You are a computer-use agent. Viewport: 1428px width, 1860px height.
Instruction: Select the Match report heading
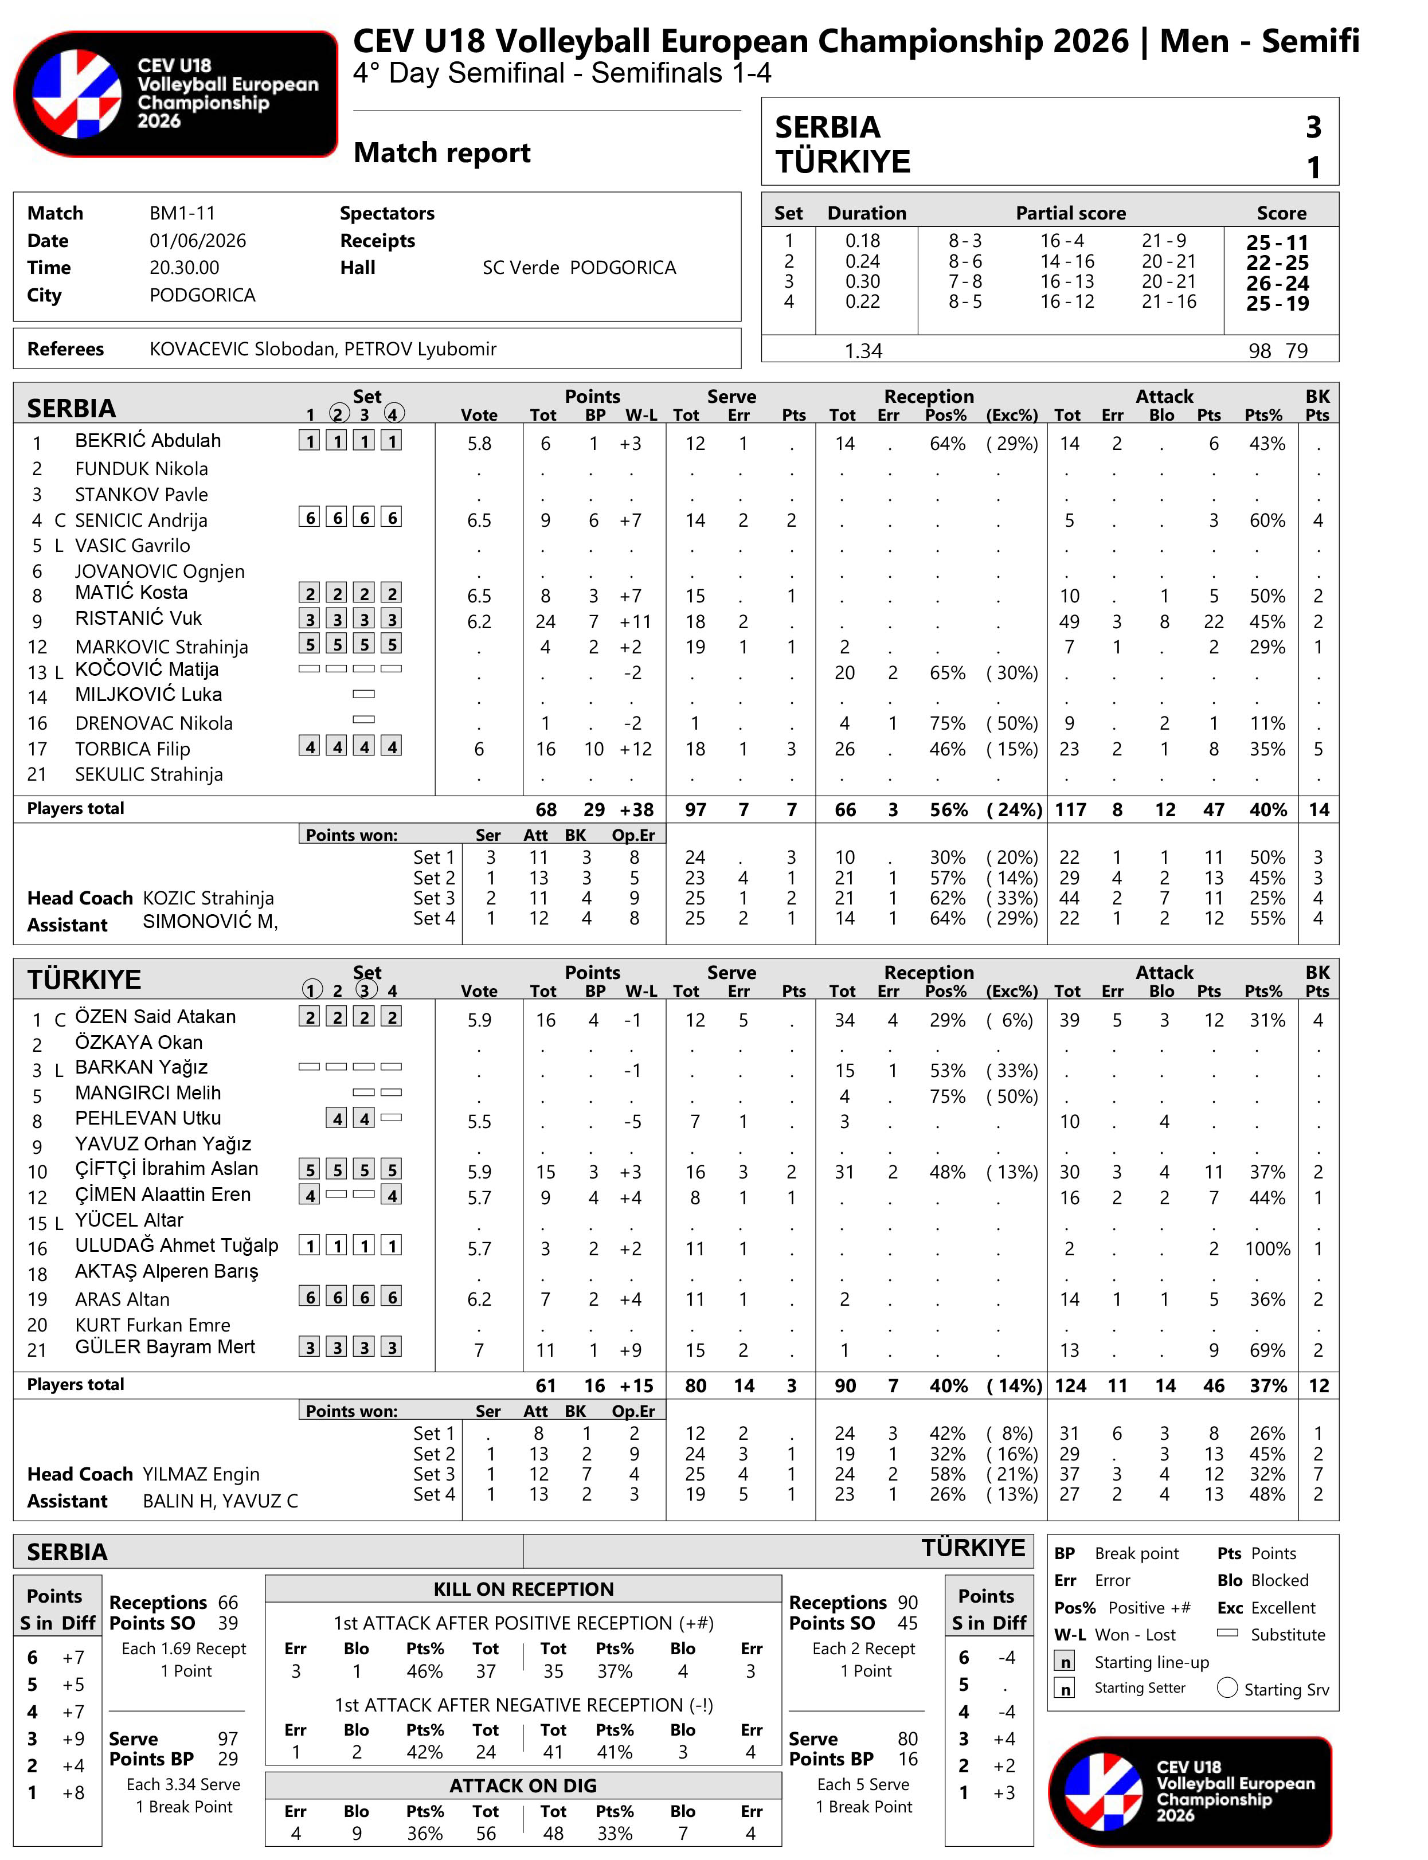coord(441,153)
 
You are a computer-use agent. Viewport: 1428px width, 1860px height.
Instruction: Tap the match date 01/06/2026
coord(197,241)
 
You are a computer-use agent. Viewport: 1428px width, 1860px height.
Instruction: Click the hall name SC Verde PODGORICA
coord(579,268)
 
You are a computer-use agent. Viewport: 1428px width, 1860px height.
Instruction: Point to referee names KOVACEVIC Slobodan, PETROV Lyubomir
coord(322,349)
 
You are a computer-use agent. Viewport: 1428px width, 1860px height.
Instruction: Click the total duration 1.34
coord(863,351)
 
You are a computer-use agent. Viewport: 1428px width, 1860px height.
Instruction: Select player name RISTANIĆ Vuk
coord(138,618)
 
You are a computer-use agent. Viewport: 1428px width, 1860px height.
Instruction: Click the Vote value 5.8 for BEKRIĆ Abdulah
coord(479,444)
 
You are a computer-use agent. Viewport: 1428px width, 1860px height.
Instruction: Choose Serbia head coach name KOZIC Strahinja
coord(208,898)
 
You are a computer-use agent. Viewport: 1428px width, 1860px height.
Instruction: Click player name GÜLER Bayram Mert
coord(165,1347)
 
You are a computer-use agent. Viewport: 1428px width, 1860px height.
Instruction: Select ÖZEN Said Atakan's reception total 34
coord(843,1020)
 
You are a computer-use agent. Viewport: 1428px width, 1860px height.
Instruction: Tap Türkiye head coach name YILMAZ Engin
coord(201,1474)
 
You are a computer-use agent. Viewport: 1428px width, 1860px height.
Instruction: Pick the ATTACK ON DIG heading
coord(523,1786)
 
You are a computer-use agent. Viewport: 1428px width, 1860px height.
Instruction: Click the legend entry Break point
coord(1136,1553)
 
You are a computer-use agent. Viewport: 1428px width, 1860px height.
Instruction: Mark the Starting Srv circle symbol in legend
coord(1227,1687)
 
